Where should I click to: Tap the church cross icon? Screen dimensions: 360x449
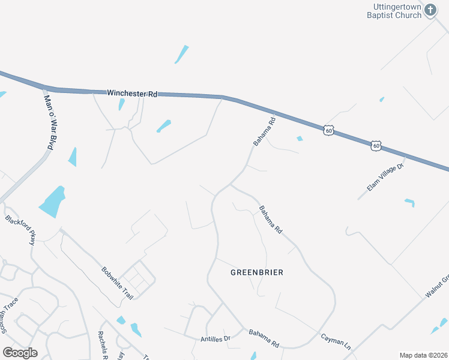[x=430, y=9]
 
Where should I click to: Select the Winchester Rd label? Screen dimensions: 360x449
[x=132, y=94]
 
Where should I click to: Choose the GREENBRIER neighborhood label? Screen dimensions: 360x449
[x=256, y=272]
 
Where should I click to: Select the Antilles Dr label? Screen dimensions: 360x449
[x=215, y=339]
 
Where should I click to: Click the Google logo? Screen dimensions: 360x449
[x=20, y=352]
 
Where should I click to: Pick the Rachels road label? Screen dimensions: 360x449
[x=103, y=345]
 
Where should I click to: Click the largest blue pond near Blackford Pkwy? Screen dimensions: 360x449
[x=53, y=202]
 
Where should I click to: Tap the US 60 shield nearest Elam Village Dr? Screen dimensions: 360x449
[x=376, y=145]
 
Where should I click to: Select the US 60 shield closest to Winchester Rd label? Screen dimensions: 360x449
[x=328, y=130]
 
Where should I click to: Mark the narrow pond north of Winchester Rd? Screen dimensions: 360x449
[x=181, y=54]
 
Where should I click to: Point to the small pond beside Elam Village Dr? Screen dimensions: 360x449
[x=410, y=202]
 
